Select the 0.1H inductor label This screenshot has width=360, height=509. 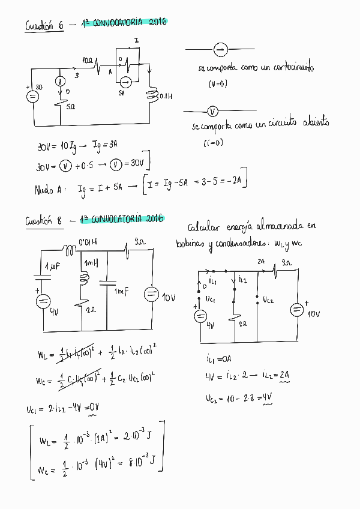[x=166, y=95]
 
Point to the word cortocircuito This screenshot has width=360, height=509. [x=289, y=68]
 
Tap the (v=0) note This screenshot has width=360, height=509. [x=218, y=84]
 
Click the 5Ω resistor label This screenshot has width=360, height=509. [x=70, y=106]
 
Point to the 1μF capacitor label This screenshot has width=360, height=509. [x=53, y=266]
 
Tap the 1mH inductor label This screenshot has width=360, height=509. [x=91, y=264]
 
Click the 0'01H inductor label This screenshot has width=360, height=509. [x=89, y=242]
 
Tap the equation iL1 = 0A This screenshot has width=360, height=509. [x=218, y=360]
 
